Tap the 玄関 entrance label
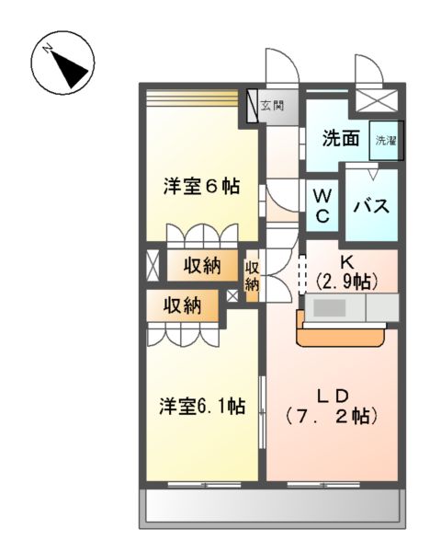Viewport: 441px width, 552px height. tap(271, 106)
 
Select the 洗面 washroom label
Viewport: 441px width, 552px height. tap(339, 140)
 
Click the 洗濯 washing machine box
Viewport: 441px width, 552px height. tap(385, 141)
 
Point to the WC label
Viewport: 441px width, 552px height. tap(322, 204)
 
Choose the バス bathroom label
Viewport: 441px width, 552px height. tap(372, 204)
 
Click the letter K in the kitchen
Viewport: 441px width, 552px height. tap(346, 260)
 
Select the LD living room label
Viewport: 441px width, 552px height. tap(333, 396)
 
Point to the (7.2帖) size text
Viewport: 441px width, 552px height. tap(333, 416)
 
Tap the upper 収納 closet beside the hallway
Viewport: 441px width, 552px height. tap(201, 267)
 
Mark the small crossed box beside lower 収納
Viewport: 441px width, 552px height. tap(232, 296)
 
